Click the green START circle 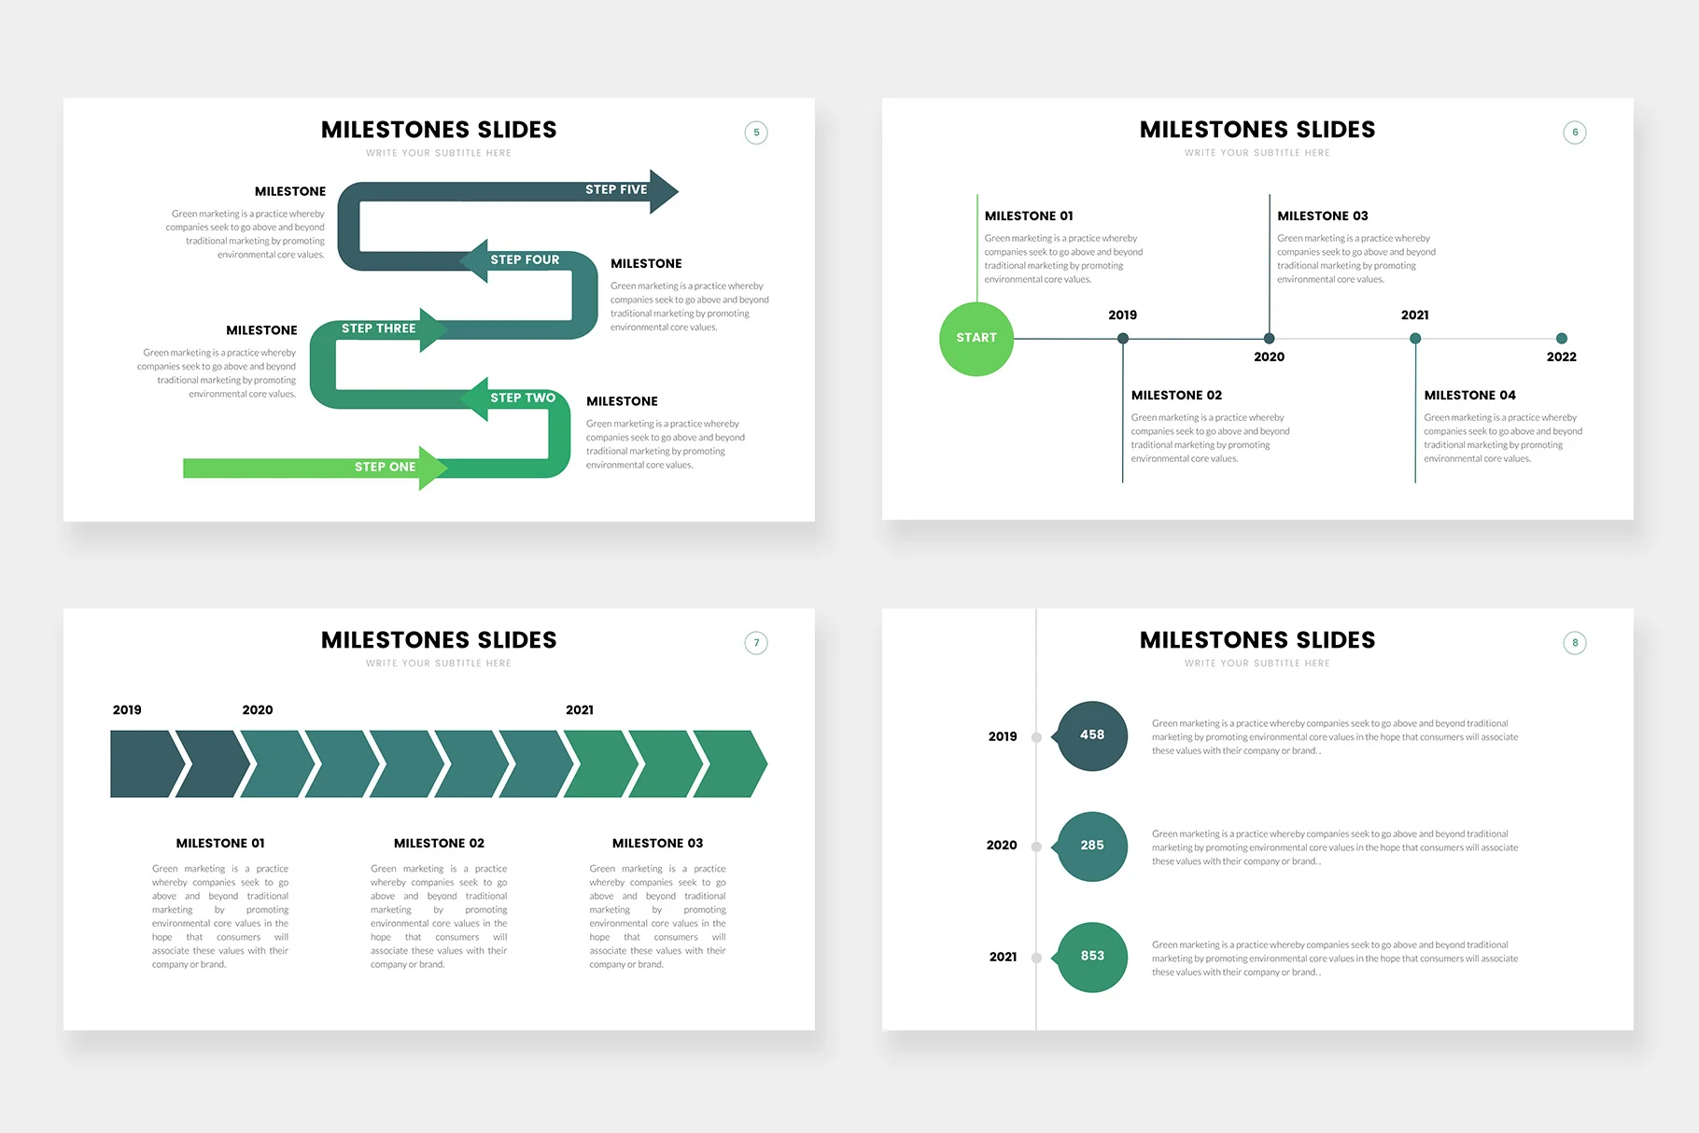(976, 339)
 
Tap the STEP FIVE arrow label (616, 189)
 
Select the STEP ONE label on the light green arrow (385, 467)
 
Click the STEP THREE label (378, 329)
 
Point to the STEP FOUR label (525, 259)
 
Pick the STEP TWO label (523, 398)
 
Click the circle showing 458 (1091, 735)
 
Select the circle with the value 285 (1091, 846)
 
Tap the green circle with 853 (1091, 957)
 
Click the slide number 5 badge (756, 133)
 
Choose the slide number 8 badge (1575, 643)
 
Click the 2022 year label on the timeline (1562, 357)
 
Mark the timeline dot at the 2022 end (1562, 339)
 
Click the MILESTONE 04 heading (1470, 396)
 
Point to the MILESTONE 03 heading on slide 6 (1323, 216)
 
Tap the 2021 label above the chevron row (580, 710)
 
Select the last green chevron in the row (730, 764)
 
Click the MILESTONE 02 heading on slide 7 (439, 844)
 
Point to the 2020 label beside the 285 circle (1002, 846)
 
